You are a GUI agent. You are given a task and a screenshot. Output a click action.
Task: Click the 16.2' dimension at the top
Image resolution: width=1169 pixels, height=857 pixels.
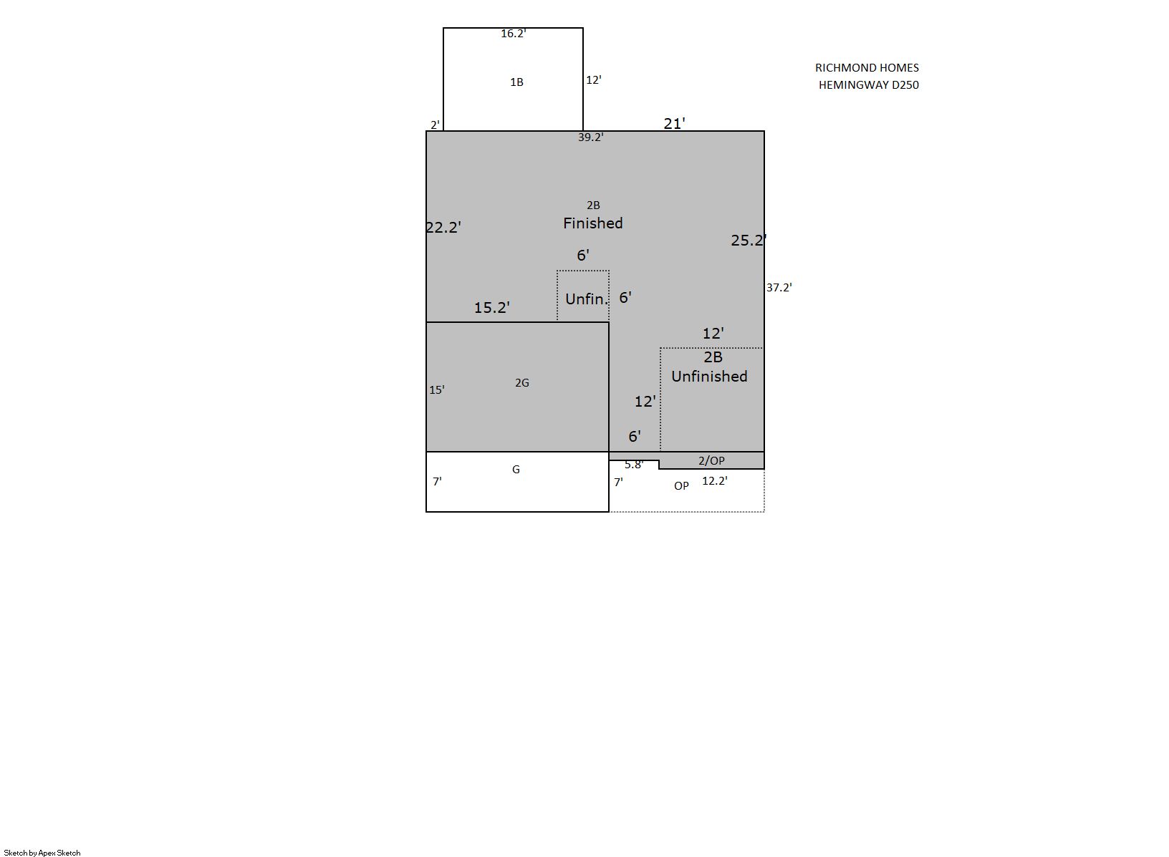tap(514, 34)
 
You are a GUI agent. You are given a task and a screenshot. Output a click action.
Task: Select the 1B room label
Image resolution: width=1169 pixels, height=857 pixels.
tap(516, 82)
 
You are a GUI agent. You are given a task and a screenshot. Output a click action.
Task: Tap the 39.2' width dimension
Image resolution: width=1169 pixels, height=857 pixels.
tap(591, 137)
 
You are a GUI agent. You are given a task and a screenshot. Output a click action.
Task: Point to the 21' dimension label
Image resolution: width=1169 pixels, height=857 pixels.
tap(674, 124)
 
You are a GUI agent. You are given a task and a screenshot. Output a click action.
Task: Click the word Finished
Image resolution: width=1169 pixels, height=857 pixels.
tap(593, 223)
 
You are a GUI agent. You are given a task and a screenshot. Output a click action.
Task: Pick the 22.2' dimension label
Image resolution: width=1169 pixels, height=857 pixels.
tap(443, 228)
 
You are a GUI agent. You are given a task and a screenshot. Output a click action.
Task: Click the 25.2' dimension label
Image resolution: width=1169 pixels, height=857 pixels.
tap(749, 241)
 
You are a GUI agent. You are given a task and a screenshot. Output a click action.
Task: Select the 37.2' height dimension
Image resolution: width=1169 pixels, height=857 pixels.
tap(779, 287)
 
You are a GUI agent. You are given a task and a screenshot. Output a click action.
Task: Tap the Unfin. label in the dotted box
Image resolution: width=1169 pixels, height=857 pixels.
tap(587, 299)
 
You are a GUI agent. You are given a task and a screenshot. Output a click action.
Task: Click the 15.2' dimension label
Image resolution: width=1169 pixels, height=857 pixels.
tap(491, 308)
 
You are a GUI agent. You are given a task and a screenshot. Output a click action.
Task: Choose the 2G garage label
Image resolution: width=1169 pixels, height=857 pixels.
tap(522, 383)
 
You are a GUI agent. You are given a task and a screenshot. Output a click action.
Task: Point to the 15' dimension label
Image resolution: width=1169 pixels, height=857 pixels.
tap(437, 390)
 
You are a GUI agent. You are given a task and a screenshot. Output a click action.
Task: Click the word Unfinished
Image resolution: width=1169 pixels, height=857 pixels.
tap(709, 377)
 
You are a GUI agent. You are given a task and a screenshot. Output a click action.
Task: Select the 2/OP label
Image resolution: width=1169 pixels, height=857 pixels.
tap(711, 460)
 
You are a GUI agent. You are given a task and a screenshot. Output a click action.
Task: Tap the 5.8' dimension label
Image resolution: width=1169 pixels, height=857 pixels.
tap(634, 465)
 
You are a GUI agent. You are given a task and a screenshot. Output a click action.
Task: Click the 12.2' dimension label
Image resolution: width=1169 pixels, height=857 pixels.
tap(714, 481)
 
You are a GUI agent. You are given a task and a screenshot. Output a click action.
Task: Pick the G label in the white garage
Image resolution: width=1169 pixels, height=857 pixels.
tap(516, 470)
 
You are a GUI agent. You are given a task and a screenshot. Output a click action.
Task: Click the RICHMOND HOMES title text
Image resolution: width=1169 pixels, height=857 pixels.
tap(867, 68)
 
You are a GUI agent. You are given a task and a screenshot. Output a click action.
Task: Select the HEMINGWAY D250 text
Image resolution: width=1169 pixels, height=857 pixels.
tap(868, 85)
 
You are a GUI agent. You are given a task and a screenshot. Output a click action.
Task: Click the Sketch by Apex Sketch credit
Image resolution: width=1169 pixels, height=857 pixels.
tap(42, 853)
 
